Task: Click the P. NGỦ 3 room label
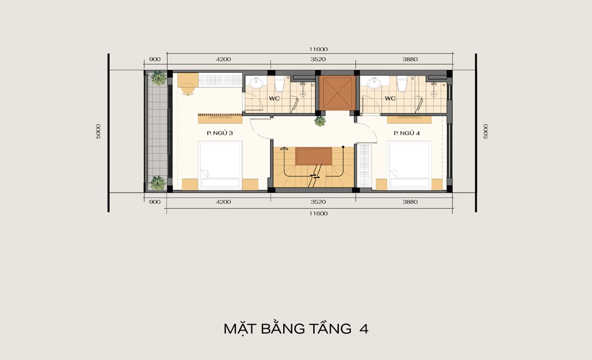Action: point(220,133)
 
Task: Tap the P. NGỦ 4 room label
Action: point(406,133)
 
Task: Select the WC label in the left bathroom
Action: point(275,98)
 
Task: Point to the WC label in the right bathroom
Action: point(390,98)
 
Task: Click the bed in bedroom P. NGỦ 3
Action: point(220,165)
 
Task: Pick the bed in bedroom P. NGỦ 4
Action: point(410,165)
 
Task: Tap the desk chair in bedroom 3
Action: point(188,89)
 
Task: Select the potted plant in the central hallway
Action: point(320,121)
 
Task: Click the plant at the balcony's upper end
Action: point(158,78)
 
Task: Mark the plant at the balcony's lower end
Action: point(158,183)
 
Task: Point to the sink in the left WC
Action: point(256,83)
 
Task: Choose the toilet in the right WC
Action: point(401,84)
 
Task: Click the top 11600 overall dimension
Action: point(319,49)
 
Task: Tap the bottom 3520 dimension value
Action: point(318,202)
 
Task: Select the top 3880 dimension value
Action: point(410,60)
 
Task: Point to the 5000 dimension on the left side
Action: point(98,131)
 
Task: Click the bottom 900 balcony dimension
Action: point(155,202)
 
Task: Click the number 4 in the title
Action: point(364,329)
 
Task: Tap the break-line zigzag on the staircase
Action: point(314,176)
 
